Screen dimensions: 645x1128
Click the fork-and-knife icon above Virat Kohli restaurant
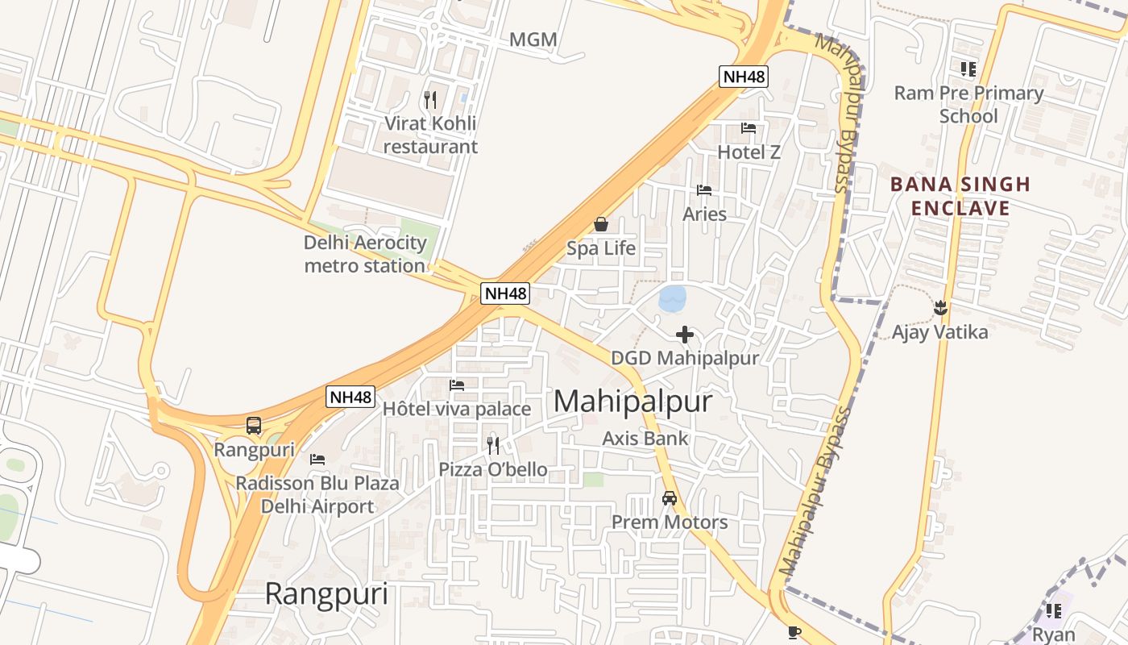click(430, 100)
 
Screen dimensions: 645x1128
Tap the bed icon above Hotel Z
click(749, 127)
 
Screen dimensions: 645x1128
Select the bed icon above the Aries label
click(704, 190)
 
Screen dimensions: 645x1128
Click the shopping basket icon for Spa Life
click(600, 223)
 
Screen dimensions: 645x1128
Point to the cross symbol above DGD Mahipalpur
click(685, 334)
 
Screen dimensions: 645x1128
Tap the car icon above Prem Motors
click(670, 498)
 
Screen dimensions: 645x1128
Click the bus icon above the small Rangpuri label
click(254, 425)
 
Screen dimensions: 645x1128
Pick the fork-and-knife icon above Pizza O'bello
click(493, 445)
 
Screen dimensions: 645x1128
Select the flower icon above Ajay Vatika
click(939, 307)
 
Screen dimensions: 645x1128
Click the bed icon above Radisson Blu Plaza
click(317, 460)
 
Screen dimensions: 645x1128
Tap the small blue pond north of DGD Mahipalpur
click(672, 298)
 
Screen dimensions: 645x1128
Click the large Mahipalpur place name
click(632, 402)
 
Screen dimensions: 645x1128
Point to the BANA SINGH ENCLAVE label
click(960, 196)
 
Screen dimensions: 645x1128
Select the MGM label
click(533, 40)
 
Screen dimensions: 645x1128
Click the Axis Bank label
click(645, 439)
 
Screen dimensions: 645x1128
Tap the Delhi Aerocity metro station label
click(364, 254)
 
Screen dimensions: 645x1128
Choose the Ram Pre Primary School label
click(968, 104)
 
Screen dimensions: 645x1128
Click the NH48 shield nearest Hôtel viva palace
click(350, 397)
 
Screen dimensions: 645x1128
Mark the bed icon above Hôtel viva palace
click(457, 385)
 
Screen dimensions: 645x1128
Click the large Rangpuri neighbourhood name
click(326, 594)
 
